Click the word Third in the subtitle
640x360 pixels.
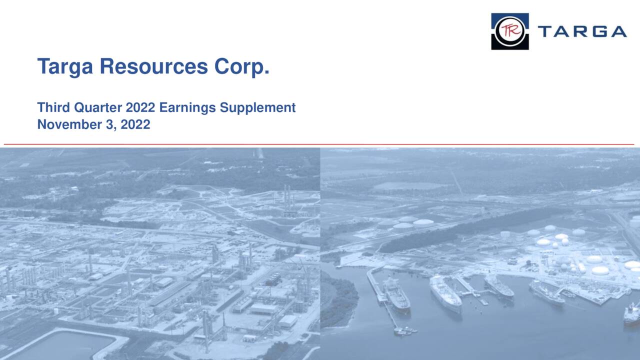click(x=53, y=107)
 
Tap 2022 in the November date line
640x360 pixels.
click(x=135, y=124)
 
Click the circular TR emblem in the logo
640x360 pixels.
click(x=509, y=31)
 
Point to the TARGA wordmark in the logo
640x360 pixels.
click(x=582, y=31)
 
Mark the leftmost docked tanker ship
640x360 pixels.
click(x=396, y=295)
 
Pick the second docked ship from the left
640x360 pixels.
click(x=445, y=293)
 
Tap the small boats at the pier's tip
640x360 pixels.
click(x=405, y=330)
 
